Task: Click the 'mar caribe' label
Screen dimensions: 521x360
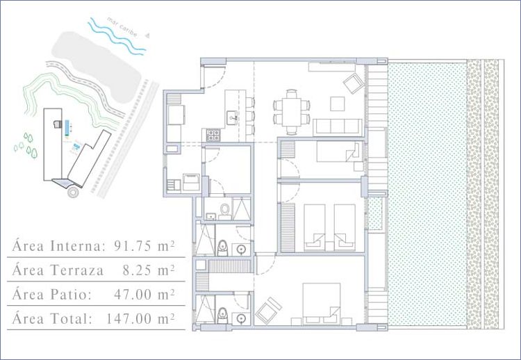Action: (x=122, y=27)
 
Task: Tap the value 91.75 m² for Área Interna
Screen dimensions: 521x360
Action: (x=144, y=246)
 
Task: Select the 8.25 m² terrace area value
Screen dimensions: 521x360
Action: (x=149, y=270)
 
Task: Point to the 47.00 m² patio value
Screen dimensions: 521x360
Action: (x=144, y=294)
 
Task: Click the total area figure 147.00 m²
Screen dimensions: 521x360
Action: (x=140, y=318)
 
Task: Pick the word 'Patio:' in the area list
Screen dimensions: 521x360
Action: (x=71, y=295)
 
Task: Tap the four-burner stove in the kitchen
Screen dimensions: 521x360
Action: (x=213, y=136)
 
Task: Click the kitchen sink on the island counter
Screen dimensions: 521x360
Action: (x=232, y=117)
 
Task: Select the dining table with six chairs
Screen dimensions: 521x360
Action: (x=291, y=112)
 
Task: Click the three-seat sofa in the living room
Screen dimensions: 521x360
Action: (x=337, y=127)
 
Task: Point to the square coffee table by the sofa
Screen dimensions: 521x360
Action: (x=338, y=104)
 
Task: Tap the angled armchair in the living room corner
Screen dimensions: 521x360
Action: (x=353, y=83)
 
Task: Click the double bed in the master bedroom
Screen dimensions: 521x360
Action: (x=322, y=304)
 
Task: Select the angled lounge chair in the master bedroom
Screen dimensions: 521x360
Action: (x=268, y=310)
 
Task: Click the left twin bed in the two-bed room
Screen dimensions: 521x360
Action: (x=314, y=228)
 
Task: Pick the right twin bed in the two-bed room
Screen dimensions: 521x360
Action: (x=345, y=228)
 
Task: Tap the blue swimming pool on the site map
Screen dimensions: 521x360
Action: (x=67, y=128)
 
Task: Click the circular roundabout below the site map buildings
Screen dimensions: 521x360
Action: (x=73, y=193)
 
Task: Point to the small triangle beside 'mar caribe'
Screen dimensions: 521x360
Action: (x=148, y=34)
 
